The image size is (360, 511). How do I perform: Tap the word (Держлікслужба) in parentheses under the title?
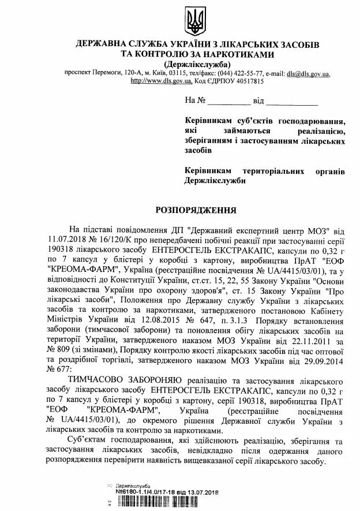tap(197, 64)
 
